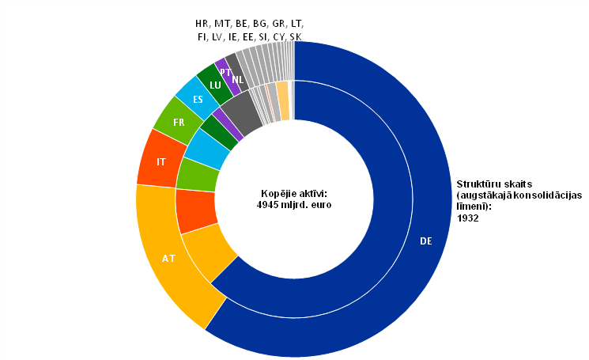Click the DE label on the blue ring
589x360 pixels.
(426, 241)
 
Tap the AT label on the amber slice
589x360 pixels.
(168, 258)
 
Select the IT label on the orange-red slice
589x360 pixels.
(161, 161)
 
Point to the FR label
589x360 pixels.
(179, 123)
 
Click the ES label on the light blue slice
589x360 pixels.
(198, 100)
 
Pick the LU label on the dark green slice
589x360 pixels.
(215, 85)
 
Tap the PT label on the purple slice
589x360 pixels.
(225, 72)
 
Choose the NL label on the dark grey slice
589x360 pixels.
(237, 80)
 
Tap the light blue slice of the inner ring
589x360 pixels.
(207, 147)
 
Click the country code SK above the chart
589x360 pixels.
(295, 37)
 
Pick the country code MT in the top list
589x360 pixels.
(222, 23)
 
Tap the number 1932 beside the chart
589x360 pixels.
(469, 218)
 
